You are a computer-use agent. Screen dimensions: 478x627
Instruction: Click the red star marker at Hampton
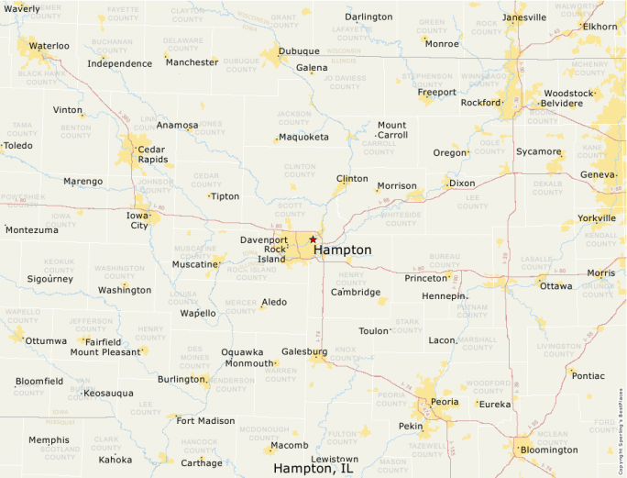pyautogui.click(x=313, y=239)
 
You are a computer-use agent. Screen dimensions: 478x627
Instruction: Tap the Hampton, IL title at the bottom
pyautogui.click(x=313, y=468)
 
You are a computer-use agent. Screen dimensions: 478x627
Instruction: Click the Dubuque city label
pyautogui.click(x=299, y=50)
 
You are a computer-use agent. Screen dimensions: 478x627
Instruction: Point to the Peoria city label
pyautogui.click(x=445, y=402)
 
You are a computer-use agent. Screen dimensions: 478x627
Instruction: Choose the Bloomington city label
pyautogui.click(x=549, y=450)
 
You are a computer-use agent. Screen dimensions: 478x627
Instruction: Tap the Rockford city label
pyautogui.click(x=481, y=103)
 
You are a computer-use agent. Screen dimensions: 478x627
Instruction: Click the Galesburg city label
pyautogui.click(x=304, y=351)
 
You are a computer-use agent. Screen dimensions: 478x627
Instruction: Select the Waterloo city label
pyautogui.click(x=49, y=45)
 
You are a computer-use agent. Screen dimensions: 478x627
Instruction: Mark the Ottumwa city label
pyautogui.click(x=46, y=340)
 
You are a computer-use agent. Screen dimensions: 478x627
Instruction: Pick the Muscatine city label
pyautogui.click(x=196, y=264)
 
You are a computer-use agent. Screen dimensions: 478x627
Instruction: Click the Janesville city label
pyautogui.click(x=524, y=17)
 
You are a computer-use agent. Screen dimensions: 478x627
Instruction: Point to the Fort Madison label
pyautogui.click(x=205, y=421)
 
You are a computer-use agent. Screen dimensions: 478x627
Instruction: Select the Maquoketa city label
pyautogui.click(x=303, y=137)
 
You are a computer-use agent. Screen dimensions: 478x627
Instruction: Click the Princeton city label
pyautogui.click(x=425, y=278)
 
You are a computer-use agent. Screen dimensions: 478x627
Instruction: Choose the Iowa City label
pyautogui.click(x=137, y=219)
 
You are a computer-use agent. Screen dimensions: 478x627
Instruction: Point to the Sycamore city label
pyautogui.click(x=538, y=151)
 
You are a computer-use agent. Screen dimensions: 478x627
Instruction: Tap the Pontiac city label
pyautogui.click(x=588, y=375)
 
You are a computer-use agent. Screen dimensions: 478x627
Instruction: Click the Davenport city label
pyautogui.click(x=264, y=239)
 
